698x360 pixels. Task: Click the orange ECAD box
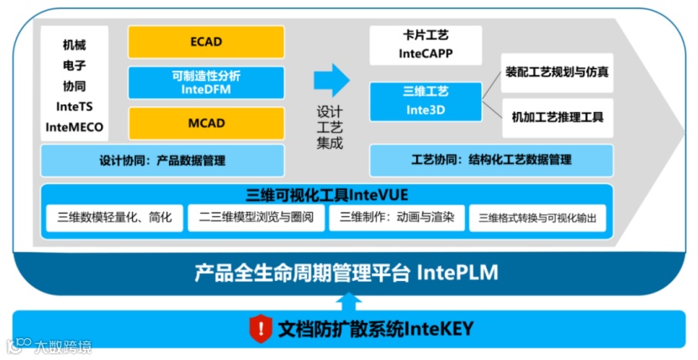(205, 42)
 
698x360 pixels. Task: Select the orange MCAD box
(205, 123)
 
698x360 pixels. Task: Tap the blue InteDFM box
(205, 82)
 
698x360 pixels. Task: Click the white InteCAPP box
(425, 45)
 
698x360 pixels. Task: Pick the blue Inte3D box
(426, 99)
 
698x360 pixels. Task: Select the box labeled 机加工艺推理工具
(558, 117)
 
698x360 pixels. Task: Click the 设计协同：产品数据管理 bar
(162, 160)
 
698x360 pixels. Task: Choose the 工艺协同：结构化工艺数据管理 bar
(490, 160)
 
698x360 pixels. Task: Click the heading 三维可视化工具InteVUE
(326, 194)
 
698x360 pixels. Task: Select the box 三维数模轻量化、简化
(114, 218)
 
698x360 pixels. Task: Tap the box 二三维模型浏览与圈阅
(256, 218)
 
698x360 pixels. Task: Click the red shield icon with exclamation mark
(262, 327)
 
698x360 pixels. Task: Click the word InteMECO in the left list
(74, 128)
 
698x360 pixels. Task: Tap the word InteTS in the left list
(74, 107)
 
